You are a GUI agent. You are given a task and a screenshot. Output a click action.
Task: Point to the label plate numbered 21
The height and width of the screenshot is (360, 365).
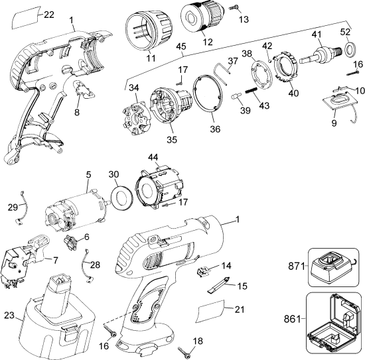(212, 310)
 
